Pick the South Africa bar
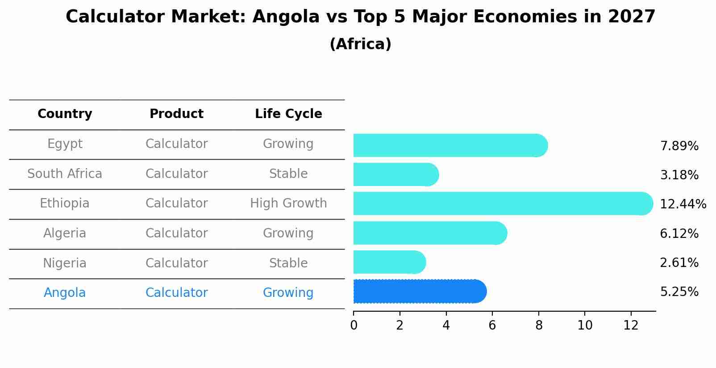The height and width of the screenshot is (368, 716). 395,174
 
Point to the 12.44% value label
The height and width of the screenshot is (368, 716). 683,204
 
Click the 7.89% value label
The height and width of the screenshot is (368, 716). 679,146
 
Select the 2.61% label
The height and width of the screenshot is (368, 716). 679,263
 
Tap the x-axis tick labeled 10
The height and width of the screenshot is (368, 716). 585,326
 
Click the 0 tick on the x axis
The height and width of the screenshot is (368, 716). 354,326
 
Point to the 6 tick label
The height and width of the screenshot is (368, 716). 492,326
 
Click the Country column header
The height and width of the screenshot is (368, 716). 65,114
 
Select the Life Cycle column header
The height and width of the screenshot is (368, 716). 288,114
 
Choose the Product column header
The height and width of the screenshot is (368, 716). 176,114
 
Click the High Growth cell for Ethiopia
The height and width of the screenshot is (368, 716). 288,203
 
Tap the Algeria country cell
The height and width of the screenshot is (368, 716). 65,233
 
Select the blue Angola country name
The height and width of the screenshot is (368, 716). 65,293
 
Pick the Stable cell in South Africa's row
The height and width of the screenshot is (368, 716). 288,174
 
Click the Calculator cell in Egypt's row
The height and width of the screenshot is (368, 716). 176,144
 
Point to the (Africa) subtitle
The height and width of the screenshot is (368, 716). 360,44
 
